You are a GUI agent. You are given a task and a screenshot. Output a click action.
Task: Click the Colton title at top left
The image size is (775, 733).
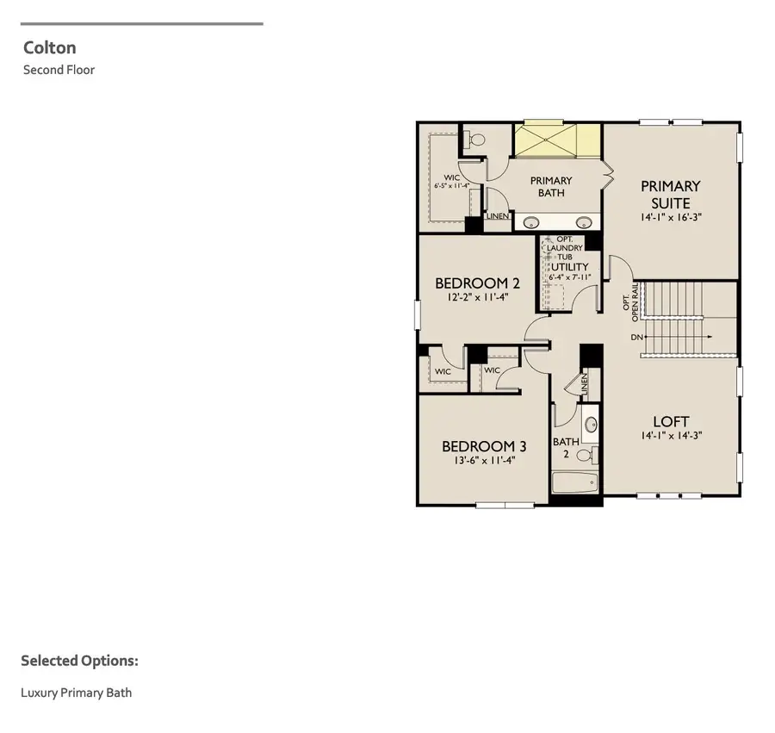pos(50,48)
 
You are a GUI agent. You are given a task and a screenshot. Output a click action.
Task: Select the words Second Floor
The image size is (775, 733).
pos(59,70)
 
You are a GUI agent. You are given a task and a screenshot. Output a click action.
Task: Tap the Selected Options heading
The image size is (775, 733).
pos(79,661)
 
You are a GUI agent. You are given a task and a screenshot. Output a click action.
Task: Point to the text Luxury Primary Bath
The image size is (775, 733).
pos(77,693)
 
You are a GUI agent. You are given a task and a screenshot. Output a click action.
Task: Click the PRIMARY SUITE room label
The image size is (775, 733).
pos(671,194)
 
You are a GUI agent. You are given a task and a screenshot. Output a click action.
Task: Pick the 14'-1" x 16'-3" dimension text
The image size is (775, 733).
pos(671,218)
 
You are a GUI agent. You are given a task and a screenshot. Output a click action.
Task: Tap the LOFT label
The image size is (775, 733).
pos(671,421)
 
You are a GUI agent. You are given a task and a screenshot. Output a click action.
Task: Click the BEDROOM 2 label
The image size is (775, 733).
pos(477,283)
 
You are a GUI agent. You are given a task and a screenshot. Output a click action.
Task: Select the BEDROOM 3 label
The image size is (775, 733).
pos(484,446)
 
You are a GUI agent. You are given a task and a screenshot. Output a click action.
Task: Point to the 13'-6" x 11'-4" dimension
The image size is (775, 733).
pos(484,461)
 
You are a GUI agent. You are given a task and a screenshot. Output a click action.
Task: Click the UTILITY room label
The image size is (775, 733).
pos(569,267)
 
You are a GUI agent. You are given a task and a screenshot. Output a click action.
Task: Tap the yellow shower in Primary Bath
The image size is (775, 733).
pos(557,140)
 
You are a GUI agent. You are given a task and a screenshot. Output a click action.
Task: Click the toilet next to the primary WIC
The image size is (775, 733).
pos(476,139)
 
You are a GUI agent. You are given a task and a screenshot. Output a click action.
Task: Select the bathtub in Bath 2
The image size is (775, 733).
pos(574,482)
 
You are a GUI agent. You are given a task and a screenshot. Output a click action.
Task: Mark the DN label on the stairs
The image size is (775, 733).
pos(637,337)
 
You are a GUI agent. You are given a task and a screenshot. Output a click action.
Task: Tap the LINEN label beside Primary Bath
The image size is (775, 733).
pos(498,216)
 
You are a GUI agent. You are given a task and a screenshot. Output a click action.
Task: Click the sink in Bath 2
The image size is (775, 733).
pos(591,425)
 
